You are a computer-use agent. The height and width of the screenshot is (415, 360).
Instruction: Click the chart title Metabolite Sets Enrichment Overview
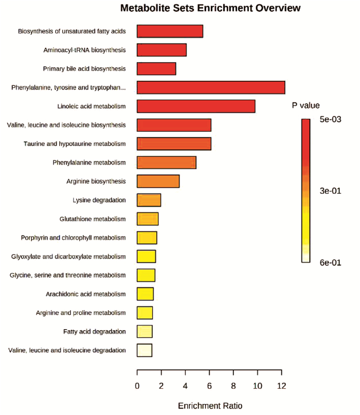pyautogui.click(x=210, y=9)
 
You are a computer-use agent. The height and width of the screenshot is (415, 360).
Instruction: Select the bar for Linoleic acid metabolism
pyautogui.click(x=196, y=106)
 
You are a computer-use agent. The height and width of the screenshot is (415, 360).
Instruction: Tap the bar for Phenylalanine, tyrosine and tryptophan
pyautogui.click(x=211, y=87)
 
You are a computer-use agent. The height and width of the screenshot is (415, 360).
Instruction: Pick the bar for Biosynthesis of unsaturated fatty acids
pyautogui.click(x=170, y=31)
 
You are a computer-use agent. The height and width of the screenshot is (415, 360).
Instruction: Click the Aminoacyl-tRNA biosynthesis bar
pyautogui.click(x=161, y=50)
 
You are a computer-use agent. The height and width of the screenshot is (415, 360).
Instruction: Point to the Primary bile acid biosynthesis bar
pyautogui.click(x=156, y=68)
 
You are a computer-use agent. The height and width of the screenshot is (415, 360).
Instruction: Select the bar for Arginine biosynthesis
pyautogui.click(x=158, y=181)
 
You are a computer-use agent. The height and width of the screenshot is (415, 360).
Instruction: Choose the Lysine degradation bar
pyautogui.click(x=149, y=200)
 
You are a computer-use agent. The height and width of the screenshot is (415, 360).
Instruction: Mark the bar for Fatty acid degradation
pyautogui.click(x=145, y=331)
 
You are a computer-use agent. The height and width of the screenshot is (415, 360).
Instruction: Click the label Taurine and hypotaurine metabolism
pyautogui.click(x=75, y=143)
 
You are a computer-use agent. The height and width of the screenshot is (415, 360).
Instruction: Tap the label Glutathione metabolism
pyautogui.click(x=92, y=219)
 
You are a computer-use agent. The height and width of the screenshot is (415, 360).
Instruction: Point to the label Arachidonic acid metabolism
pyautogui.click(x=86, y=294)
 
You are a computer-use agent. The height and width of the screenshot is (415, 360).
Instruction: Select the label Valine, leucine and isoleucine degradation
pyautogui.click(x=67, y=350)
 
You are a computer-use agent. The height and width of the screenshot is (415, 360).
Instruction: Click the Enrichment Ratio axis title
pyautogui.click(x=210, y=406)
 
